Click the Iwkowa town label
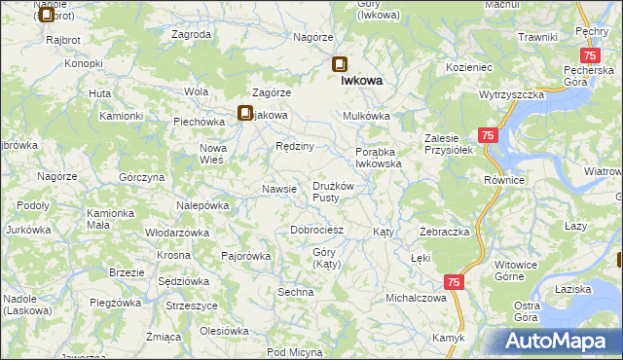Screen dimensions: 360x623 [x=360, y=83]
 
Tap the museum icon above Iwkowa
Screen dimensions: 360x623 [x=339, y=66]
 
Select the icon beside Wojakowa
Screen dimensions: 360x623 [x=245, y=113]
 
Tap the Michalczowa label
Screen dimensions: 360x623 [x=416, y=298]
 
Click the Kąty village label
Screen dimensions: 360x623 [x=384, y=234]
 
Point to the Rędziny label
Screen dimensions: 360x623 [x=294, y=146]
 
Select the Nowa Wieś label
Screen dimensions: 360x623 [x=212, y=154]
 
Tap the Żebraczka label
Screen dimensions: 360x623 [x=444, y=233]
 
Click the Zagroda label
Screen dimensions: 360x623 [x=191, y=34]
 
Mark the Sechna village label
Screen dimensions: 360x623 [x=296, y=292]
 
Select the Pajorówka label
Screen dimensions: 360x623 [x=245, y=257]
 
